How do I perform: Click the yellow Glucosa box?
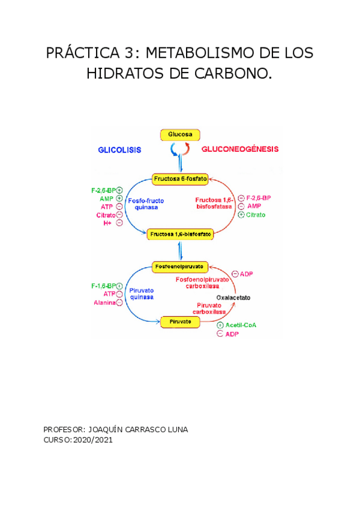coord(179,135)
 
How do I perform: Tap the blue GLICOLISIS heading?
coord(119,150)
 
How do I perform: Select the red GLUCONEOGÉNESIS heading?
coord(239,149)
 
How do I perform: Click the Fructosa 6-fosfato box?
coord(180,179)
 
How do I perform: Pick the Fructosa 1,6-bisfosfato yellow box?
coord(181,234)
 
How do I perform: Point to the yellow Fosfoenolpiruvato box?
coord(180,265)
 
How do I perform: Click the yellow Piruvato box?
coord(180,322)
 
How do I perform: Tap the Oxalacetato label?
coord(233,298)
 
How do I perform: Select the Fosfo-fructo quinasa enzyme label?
coord(146,203)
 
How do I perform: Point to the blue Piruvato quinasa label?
coord(142,294)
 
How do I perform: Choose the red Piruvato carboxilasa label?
coord(209,309)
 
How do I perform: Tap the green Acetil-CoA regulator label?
coord(241,325)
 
